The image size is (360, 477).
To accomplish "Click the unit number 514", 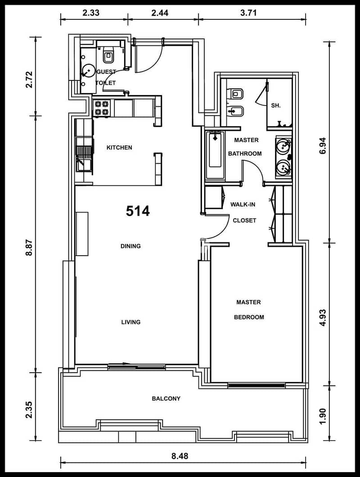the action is [138, 211].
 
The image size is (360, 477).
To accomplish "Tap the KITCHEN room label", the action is [119, 148].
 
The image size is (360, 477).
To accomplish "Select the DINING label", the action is [130, 246].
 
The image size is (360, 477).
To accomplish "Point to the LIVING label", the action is [131, 322].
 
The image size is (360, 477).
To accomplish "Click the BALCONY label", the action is [166, 399].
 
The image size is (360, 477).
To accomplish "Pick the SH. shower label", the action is [276, 106].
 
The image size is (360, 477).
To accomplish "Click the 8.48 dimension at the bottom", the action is [180, 456].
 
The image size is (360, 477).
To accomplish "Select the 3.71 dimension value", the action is [248, 13].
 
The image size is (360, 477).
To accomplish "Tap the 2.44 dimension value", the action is [160, 13].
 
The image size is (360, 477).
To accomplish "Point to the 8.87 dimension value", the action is [29, 247].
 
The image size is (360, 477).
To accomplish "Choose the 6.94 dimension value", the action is [323, 146].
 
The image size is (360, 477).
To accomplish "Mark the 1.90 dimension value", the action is [323, 416].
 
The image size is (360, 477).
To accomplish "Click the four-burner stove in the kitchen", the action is [102, 108].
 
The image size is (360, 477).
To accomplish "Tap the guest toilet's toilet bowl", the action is [108, 55].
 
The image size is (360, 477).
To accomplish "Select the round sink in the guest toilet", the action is [88, 71].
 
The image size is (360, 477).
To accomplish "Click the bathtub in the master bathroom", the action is [215, 155].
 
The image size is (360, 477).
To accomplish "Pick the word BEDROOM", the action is [249, 317].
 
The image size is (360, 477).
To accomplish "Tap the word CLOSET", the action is [244, 220].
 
